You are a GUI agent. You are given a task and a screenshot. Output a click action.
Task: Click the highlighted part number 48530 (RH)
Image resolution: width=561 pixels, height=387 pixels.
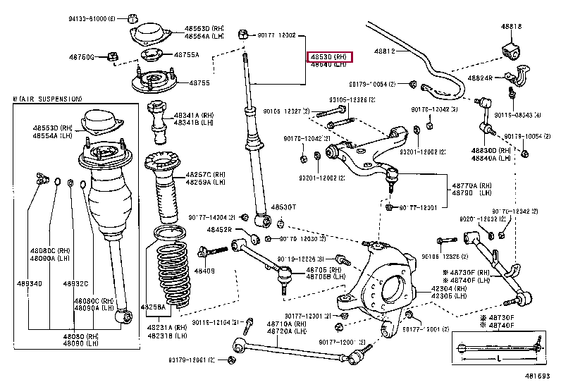pyautogui.click(x=328, y=56)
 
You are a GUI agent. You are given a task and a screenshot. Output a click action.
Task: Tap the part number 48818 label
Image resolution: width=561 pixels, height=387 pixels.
pyautogui.click(x=512, y=27)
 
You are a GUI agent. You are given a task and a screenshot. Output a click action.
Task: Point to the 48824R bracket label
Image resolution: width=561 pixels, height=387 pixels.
pyautogui.click(x=479, y=78)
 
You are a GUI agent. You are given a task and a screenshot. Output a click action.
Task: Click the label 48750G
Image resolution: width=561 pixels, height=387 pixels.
pyautogui.click(x=82, y=56)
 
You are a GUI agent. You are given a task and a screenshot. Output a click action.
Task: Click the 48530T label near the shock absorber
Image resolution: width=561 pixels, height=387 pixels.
pyautogui.click(x=284, y=207)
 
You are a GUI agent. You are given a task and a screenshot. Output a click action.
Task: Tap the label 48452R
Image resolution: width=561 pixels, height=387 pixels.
pyautogui.click(x=219, y=229)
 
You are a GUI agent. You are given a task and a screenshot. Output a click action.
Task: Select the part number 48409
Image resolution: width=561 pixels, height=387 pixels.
pyautogui.click(x=204, y=271)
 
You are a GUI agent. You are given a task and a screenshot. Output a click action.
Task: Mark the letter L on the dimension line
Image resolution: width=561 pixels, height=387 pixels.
pyautogui.click(x=498, y=359)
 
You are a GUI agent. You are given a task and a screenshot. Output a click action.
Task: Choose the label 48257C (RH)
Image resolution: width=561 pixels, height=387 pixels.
pyautogui.click(x=205, y=174)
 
